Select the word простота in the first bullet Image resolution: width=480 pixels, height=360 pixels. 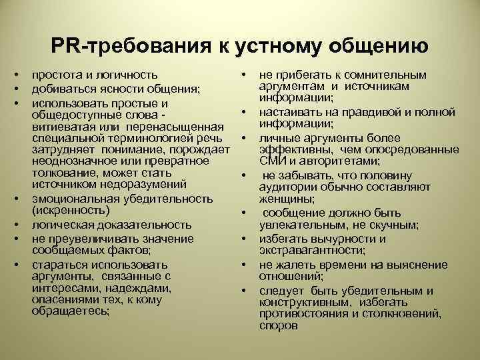(55, 75)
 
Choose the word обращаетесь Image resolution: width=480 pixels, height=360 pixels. (71, 310)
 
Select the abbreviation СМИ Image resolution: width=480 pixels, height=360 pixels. (271, 161)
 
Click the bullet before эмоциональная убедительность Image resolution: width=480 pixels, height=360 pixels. (21, 199)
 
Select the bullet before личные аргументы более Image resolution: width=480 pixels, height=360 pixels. (245, 139)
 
